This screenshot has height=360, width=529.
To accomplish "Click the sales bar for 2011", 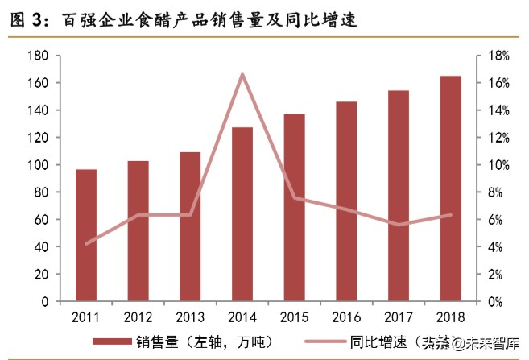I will click(86, 235).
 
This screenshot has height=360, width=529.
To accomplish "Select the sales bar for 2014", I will click(242, 214).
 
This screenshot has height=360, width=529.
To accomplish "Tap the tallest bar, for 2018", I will click(451, 188).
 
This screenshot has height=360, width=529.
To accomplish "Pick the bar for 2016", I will click(346, 201).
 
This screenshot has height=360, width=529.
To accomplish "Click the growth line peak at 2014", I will click(242, 74).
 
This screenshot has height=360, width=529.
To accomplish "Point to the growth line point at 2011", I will click(86, 243).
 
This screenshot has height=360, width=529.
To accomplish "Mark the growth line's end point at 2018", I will click(451, 215).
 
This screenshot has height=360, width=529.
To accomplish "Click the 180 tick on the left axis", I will click(39, 56).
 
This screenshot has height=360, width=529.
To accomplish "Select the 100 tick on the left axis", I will click(39, 165).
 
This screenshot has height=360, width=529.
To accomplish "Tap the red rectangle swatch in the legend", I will click(113, 341).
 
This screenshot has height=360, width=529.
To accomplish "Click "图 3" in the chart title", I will click(27, 22).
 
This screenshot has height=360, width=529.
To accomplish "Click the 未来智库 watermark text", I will click(492, 343).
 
